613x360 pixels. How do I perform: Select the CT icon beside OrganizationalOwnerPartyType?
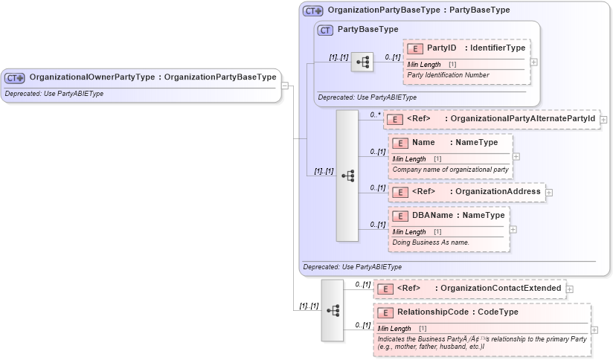point(16,77)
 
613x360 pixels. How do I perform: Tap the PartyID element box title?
point(475,48)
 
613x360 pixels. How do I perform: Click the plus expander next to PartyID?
point(533,62)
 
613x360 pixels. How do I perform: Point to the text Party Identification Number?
point(448,75)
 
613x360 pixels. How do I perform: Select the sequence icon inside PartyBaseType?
point(362,62)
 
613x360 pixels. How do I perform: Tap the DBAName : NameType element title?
point(458,216)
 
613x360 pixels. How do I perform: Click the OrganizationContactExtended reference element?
point(469,289)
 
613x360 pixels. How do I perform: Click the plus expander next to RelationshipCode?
point(594,330)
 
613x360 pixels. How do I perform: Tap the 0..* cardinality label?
point(376,115)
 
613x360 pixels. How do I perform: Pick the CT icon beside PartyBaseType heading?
point(325,30)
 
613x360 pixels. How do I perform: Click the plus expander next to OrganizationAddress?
point(549,192)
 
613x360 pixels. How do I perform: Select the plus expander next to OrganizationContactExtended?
point(570,289)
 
